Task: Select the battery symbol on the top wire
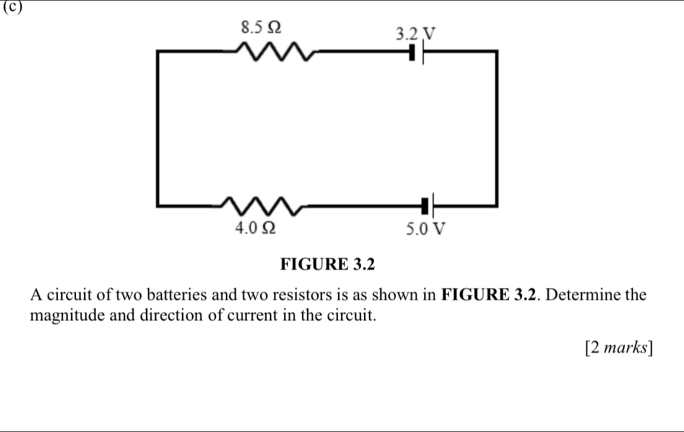coord(417,54)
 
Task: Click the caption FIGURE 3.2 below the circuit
coord(328,265)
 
